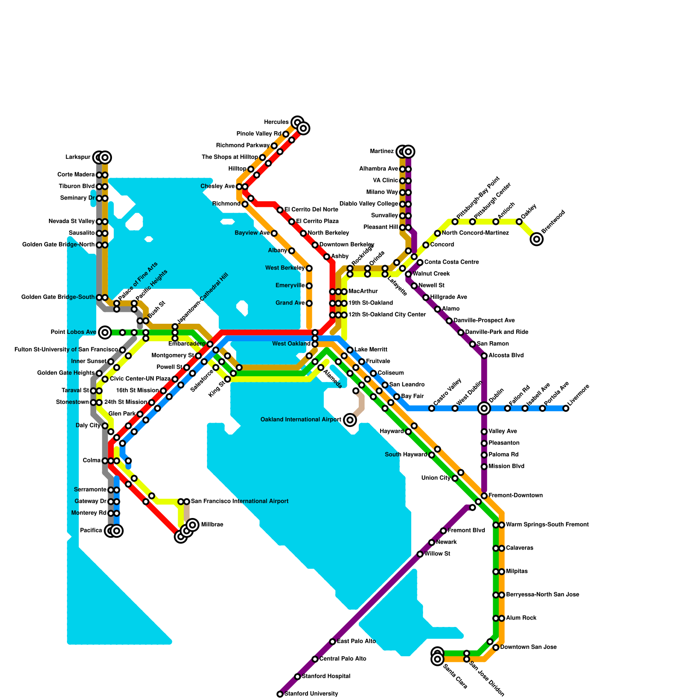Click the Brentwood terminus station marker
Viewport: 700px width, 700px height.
[x=536, y=239]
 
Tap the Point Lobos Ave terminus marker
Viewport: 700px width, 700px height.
[x=105, y=332]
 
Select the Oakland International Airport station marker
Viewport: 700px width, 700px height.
[x=350, y=420]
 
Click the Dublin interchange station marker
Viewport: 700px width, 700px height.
[x=484, y=408]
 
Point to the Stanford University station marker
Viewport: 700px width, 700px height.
[x=280, y=694]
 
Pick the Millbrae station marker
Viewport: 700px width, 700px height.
[x=192, y=525]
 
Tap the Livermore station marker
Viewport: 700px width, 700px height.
[x=566, y=408]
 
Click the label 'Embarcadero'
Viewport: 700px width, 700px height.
[x=187, y=344]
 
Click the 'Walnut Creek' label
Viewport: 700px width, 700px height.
[x=431, y=274]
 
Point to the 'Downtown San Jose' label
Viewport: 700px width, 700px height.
[x=521, y=647]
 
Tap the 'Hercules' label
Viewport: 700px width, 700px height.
[x=276, y=122]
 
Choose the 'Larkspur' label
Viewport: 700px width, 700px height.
[x=78, y=157]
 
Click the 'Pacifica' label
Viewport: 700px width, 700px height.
[x=91, y=531]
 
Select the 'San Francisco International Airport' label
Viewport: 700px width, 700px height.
[x=240, y=501]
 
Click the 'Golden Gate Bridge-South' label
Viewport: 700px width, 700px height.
[x=58, y=297]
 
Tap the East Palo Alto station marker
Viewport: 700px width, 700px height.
[x=332, y=641]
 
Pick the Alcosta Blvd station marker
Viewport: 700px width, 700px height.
[x=484, y=356]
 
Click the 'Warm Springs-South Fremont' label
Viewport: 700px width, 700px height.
[x=547, y=525]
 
